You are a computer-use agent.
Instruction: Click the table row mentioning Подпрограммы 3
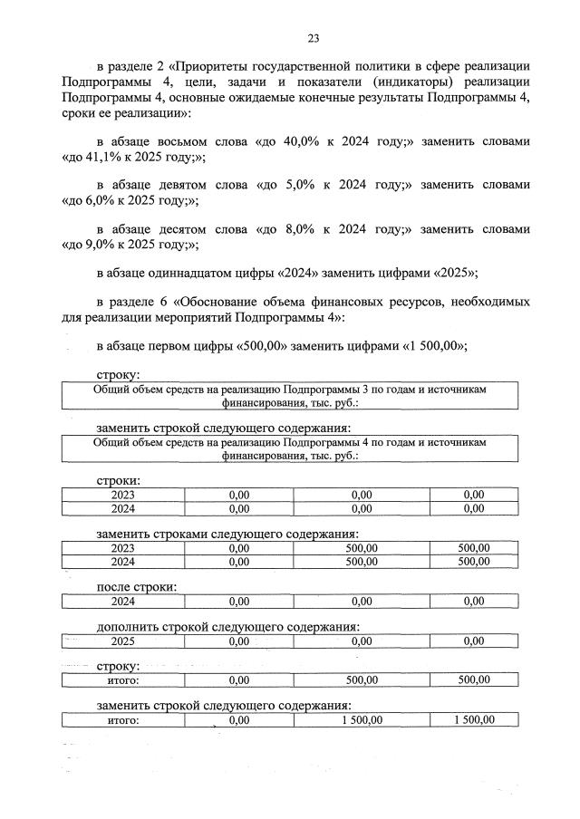click(x=289, y=396)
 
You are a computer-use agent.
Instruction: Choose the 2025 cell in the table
click(x=122, y=641)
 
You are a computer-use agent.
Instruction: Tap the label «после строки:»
click(x=136, y=586)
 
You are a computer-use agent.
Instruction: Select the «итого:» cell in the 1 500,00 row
click(x=122, y=720)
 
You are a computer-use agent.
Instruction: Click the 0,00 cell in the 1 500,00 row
click(x=239, y=720)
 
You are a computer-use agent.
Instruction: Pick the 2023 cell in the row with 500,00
click(x=122, y=547)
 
